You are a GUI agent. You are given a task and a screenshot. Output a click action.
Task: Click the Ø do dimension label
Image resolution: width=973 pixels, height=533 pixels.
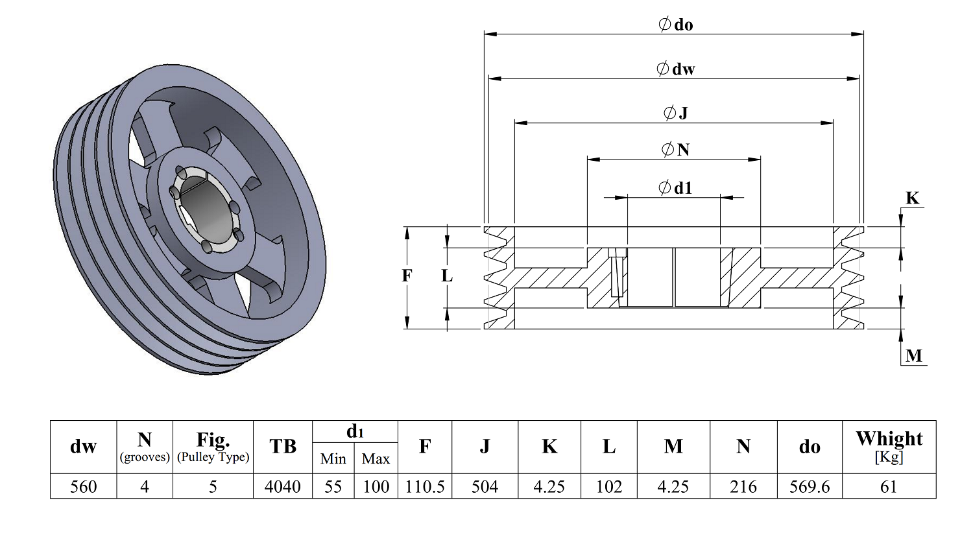(675, 24)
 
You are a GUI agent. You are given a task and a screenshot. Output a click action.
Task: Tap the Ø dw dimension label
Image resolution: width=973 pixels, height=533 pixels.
(675, 69)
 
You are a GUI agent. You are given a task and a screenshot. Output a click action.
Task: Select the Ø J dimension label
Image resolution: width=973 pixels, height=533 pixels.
(675, 113)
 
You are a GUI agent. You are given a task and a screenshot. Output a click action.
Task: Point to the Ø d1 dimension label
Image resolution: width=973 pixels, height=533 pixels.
(675, 187)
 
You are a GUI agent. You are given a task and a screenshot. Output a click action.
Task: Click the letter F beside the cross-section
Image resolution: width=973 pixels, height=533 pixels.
(407, 276)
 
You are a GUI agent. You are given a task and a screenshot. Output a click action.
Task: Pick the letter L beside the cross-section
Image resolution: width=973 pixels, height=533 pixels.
(447, 276)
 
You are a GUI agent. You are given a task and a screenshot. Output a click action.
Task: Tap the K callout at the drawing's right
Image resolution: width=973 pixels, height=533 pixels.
(912, 198)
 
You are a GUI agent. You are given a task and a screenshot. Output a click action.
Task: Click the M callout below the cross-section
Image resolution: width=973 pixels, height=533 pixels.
(914, 356)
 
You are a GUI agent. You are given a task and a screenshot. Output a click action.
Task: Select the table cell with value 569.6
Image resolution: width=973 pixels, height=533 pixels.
(810, 486)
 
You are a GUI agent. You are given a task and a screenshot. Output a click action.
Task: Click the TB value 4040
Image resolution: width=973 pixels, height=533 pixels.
(283, 486)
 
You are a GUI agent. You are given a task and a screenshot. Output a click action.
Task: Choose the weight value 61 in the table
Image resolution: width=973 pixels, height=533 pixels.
(889, 486)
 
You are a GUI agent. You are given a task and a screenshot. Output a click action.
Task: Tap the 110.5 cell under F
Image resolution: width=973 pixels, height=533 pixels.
(425, 486)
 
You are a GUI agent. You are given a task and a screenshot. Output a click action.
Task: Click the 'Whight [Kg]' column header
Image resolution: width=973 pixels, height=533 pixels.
(889, 447)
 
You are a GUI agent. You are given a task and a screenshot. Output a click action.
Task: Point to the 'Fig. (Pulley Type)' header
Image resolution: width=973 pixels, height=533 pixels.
(213, 447)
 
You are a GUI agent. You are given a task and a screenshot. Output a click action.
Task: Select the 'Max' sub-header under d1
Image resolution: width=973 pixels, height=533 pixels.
(376, 458)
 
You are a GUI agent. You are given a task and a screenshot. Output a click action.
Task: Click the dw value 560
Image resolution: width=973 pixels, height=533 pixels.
(84, 486)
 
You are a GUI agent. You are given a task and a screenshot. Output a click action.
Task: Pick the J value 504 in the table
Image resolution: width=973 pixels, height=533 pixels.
(485, 486)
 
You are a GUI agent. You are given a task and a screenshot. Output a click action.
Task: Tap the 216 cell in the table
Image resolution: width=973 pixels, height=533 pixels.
(743, 486)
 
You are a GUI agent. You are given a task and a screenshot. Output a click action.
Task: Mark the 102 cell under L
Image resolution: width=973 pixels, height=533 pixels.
(609, 486)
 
